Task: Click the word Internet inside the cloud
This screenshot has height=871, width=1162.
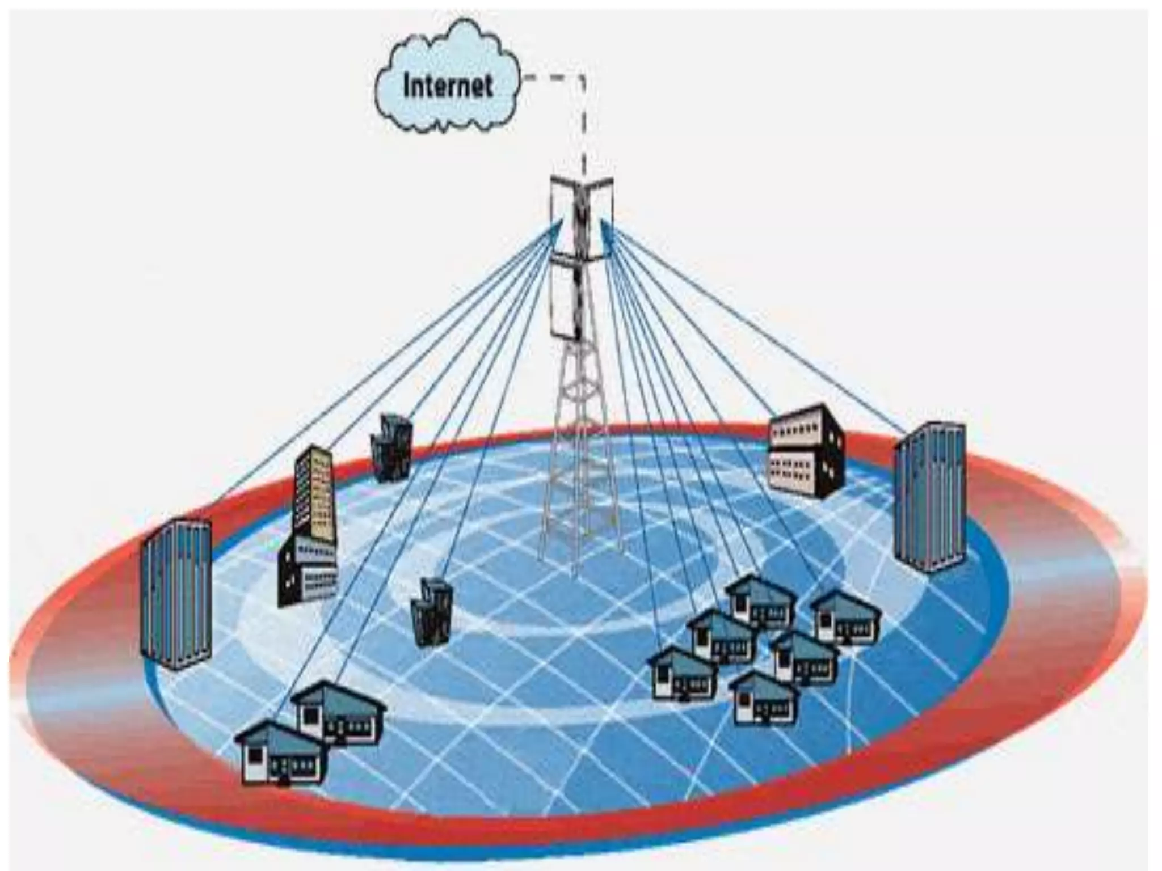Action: tap(448, 86)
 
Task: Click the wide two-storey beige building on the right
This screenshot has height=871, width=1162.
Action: tap(806, 451)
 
